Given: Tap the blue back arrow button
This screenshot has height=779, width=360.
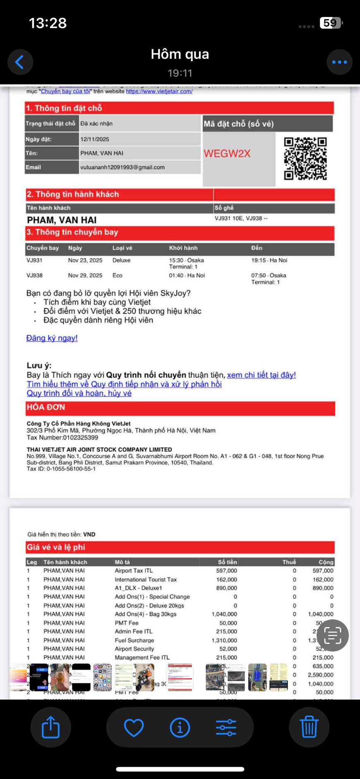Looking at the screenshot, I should pyautogui.click(x=20, y=62).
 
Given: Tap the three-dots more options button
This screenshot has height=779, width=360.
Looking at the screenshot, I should pyautogui.click(x=339, y=62).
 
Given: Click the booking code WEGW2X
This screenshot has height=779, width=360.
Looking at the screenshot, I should pyautogui.click(x=227, y=154).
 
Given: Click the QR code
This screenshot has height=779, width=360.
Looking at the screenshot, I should pyautogui.click(x=305, y=159).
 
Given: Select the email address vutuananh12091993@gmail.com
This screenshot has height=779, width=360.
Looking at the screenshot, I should pyautogui.click(x=122, y=167).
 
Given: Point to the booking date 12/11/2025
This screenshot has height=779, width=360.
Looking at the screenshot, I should pyautogui.click(x=95, y=139).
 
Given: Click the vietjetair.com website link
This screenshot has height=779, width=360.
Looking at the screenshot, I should pyautogui.click(x=159, y=91).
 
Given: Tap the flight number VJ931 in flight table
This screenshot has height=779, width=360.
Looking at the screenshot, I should pyautogui.click(x=34, y=260).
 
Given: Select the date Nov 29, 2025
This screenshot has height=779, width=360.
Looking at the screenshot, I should pyautogui.click(x=85, y=275).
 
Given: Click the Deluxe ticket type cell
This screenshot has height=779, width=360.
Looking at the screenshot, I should pyautogui.click(x=121, y=260).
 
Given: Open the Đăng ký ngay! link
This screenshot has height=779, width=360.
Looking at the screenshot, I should pyautogui.click(x=52, y=338).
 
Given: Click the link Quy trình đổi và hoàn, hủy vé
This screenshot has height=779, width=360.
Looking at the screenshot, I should pyautogui.click(x=79, y=393).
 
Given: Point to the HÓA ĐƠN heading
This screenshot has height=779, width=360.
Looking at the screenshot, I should pyautogui.click(x=46, y=407).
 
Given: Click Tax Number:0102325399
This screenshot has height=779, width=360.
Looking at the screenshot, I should pyautogui.click(x=62, y=438).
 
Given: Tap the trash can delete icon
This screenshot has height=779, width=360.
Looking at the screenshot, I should pyautogui.click(x=309, y=727).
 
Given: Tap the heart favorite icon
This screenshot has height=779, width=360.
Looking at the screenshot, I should pyautogui.click(x=134, y=727).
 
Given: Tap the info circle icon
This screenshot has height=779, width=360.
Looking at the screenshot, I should pyautogui.click(x=180, y=727).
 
